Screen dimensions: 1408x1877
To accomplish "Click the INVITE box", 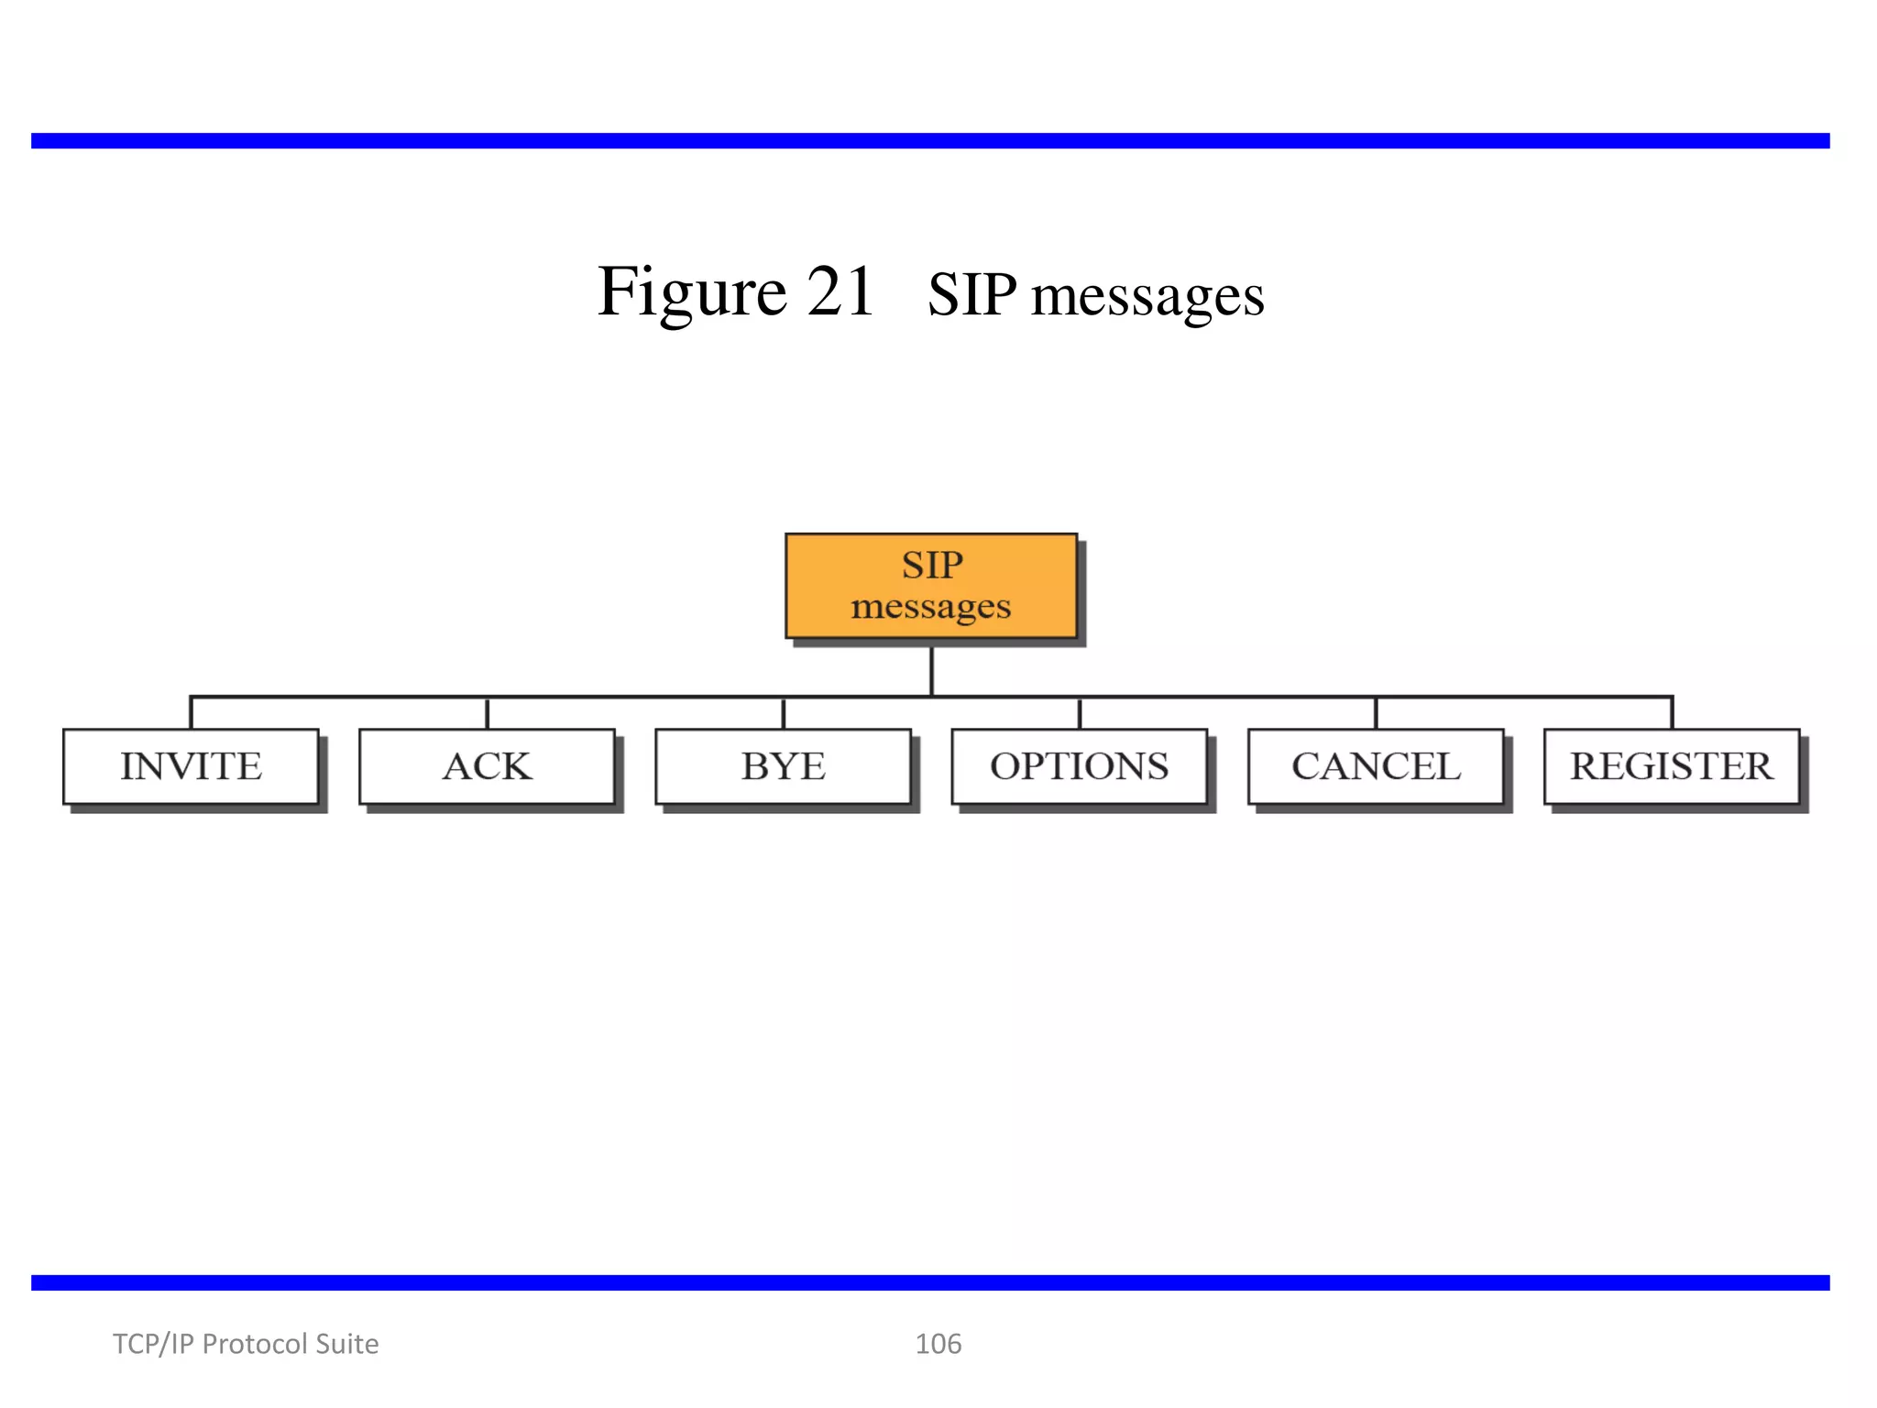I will click(x=191, y=766).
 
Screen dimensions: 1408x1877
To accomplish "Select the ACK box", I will click(x=487, y=766).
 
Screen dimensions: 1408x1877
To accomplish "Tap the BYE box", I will click(x=783, y=766).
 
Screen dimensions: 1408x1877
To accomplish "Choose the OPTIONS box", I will click(x=1079, y=766).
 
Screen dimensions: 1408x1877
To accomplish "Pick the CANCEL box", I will click(x=1375, y=766).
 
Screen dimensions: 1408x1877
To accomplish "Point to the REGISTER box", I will click(x=1671, y=766).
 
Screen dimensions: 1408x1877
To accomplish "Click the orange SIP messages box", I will click(x=931, y=586).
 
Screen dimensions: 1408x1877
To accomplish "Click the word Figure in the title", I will click(x=692, y=291).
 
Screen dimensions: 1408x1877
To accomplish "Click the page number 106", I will click(x=938, y=1344).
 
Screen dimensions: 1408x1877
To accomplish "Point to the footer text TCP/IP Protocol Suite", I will click(x=245, y=1344).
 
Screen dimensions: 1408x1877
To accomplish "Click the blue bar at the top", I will click(x=930, y=140).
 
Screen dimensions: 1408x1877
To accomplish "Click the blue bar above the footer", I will click(x=930, y=1282).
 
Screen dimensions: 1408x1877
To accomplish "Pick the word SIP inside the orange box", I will click(x=931, y=565).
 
